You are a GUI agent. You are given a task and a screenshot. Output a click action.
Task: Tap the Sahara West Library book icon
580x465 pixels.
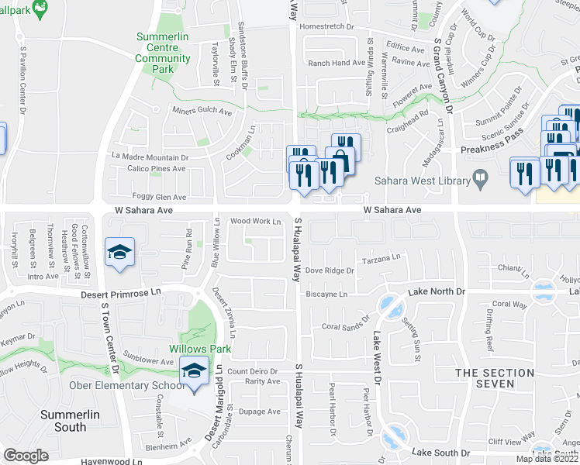coord(482,181)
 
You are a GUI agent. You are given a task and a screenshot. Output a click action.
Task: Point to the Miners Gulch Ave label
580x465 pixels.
coord(202,112)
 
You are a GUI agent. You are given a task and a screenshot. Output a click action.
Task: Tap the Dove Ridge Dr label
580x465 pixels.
coord(330,270)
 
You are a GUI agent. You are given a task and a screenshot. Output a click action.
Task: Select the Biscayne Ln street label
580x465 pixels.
coord(326,294)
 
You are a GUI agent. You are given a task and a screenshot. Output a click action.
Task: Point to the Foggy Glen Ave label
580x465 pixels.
coord(160,197)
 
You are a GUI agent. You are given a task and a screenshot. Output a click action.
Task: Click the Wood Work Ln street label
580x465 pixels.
coord(255,221)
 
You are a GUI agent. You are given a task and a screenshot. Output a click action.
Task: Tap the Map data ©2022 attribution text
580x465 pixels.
coord(547,459)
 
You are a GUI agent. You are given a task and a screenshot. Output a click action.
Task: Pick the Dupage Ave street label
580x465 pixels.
coord(259,412)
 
